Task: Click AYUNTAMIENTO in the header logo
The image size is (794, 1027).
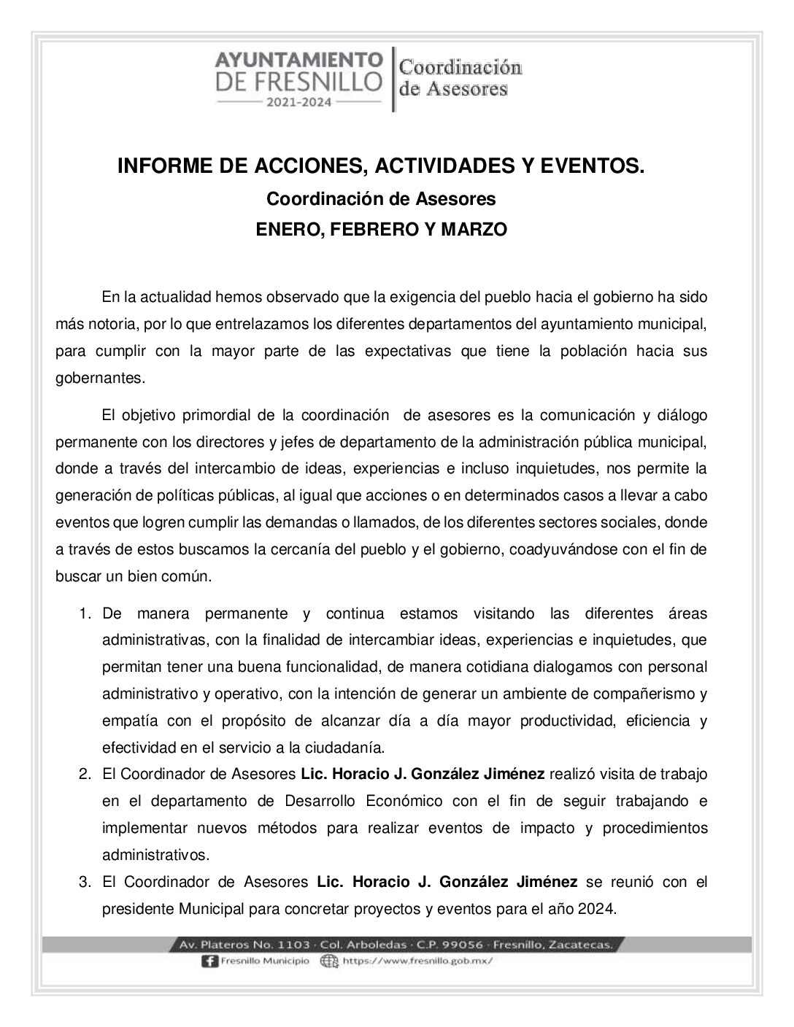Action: click(x=298, y=59)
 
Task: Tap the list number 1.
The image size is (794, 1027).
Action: click(x=85, y=614)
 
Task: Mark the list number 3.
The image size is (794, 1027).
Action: click(x=85, y=883)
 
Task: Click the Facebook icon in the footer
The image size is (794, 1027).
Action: click(x=207, y=961)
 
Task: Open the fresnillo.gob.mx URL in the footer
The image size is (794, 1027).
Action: click(x=417, y=961)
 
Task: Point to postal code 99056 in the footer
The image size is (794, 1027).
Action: click(x=463, y=945)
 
